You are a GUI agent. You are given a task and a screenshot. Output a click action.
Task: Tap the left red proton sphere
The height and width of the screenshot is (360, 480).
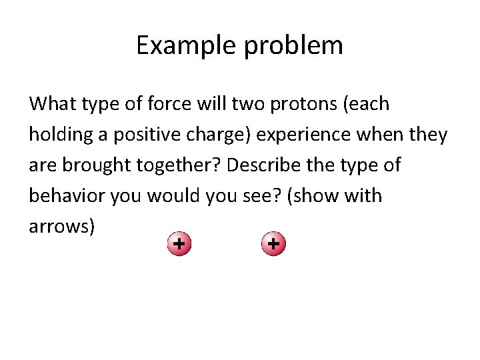(x=178, y=245)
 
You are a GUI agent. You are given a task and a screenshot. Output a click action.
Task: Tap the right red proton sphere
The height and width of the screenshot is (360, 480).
(x=273, y=245)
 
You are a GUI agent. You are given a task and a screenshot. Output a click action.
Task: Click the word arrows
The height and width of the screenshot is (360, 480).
(x=59, y=227)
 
